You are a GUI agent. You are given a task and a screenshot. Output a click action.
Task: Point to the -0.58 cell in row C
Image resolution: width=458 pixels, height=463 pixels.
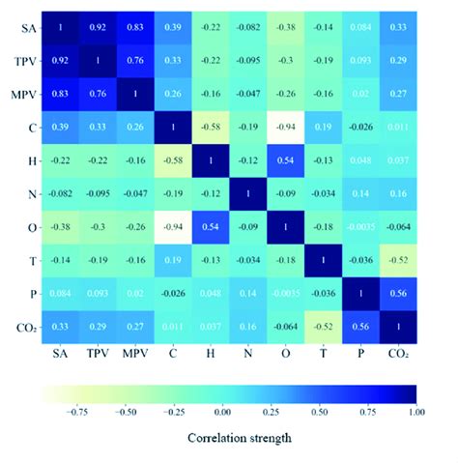click(x=194, y=127)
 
